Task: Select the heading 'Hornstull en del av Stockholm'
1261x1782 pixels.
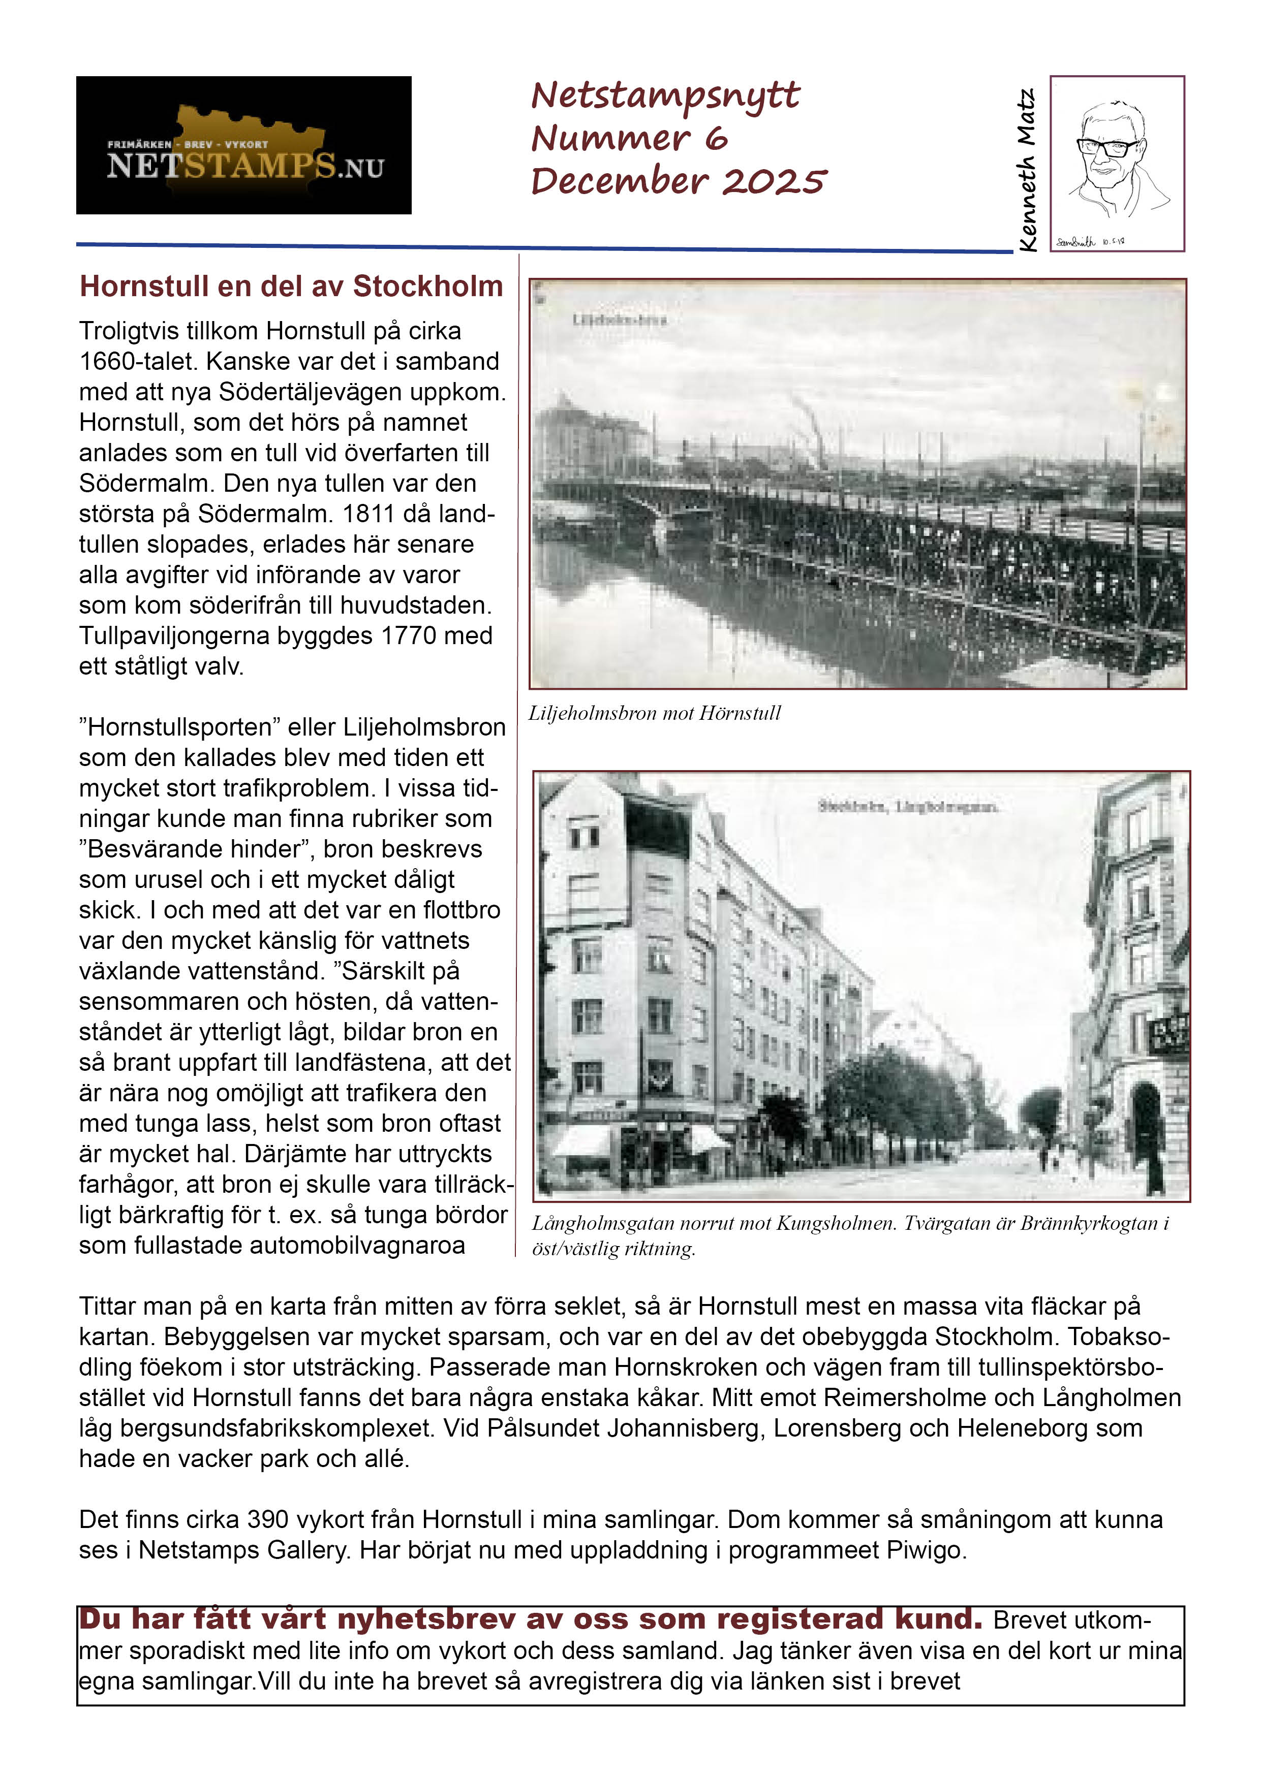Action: click(291, 287)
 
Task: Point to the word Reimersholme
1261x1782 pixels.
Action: click(905, 1398)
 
